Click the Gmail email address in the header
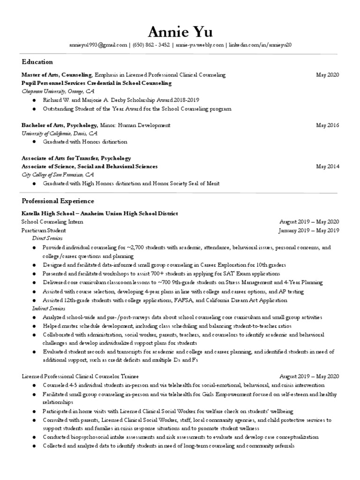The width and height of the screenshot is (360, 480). click(x=99, y=45)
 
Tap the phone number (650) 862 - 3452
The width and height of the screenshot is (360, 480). click(x=151, y=45)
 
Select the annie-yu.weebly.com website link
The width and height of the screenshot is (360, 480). click(x=199, y=45)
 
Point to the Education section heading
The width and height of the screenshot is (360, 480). click(x=37, y=62)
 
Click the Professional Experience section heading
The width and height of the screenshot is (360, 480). click(x=58, y=201)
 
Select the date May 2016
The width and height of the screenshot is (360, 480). click(x=327, y=126)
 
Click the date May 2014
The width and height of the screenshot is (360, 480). click(x=327, y=166)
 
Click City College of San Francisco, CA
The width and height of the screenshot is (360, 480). click(x=58, y=175)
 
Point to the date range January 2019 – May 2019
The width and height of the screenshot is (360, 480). click(x=308, y=231)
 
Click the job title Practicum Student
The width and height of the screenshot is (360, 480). click(x=44, y=231)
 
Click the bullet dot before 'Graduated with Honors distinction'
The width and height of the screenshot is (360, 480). click(x=34, y=142)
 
